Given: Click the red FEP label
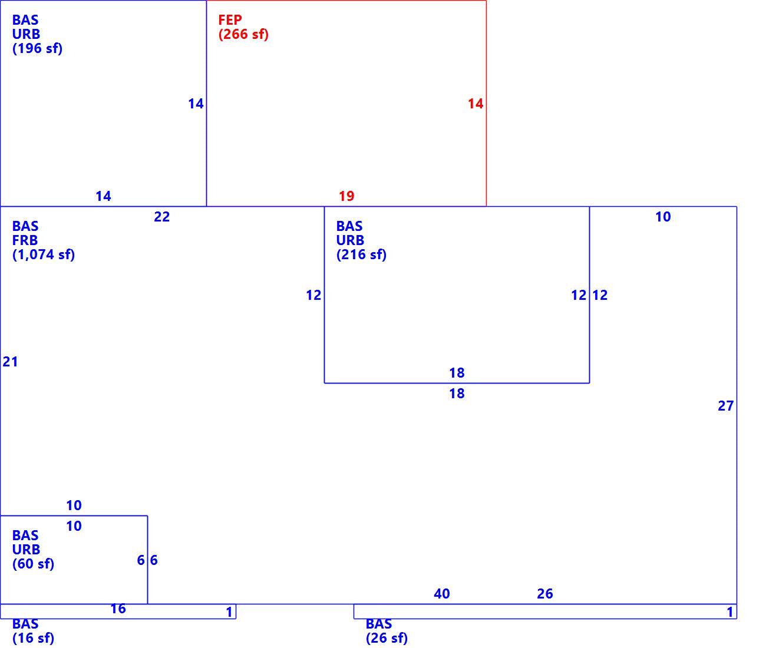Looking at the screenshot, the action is (x=230, y=19).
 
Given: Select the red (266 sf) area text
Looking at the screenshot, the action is (x=243, y=34).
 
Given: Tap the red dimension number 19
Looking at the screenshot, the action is (x=346, y=196).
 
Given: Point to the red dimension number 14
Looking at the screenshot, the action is (x=476, y=104).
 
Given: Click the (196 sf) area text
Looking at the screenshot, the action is (x=37, y=48).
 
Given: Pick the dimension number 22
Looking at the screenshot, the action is (x=162, y=217).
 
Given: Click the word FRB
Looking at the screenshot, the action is (x=25, y=240).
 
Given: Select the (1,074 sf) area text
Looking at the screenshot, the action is (x=44, y=254).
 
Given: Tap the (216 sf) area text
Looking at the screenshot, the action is (x=361, y=254).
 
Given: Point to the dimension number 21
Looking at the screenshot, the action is (x=10, y=362).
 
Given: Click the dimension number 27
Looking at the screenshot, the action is (x=725, y=406).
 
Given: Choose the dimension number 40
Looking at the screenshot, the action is (x=442, y=594).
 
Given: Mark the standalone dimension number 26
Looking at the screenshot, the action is (x=545, y=594).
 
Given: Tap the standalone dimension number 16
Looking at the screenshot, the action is (x=118, y=609).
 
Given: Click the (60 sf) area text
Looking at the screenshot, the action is (x=33, y=564).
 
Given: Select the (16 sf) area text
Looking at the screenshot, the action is (x=33, y=638).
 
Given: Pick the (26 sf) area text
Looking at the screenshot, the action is (x=387, y=638).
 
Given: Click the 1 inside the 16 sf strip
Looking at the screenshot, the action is (x=229, y=612).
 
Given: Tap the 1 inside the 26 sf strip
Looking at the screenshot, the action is (x=730, y=612).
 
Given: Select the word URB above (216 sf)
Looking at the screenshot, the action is (x=350, y=240).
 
